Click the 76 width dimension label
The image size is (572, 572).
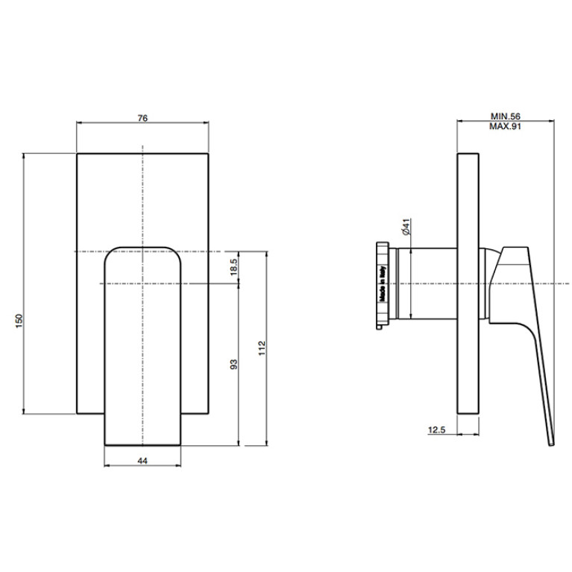click(x=142, y=118)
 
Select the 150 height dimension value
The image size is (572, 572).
click(x=19, y=321)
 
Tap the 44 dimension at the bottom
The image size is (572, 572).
click(x=142, y=461)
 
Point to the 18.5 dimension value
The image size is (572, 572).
click(x=234, y=267)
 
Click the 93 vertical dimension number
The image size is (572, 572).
click(x=234, y=364)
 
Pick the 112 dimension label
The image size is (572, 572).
click(x=262, y=348)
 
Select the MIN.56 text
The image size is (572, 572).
click(x=505, y=116)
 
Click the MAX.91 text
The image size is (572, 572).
click(x=505, y=126)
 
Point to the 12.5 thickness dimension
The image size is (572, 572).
click(x=437, y=430)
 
